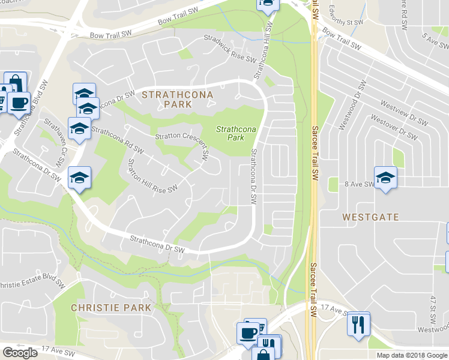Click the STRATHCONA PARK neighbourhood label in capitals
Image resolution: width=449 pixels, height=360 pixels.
[x=167, y=99]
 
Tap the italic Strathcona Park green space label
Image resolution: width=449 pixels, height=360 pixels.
[x=236, y=133]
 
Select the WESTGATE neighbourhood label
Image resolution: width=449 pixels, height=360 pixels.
[x=367, y=216]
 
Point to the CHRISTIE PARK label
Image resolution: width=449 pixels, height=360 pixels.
[x=111, y=307]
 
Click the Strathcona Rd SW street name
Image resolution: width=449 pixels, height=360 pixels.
[x=118, y=139]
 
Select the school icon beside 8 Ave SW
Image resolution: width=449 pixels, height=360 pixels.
[x=385, y=177]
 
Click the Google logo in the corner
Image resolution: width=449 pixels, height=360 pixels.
[x=20, y=353]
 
